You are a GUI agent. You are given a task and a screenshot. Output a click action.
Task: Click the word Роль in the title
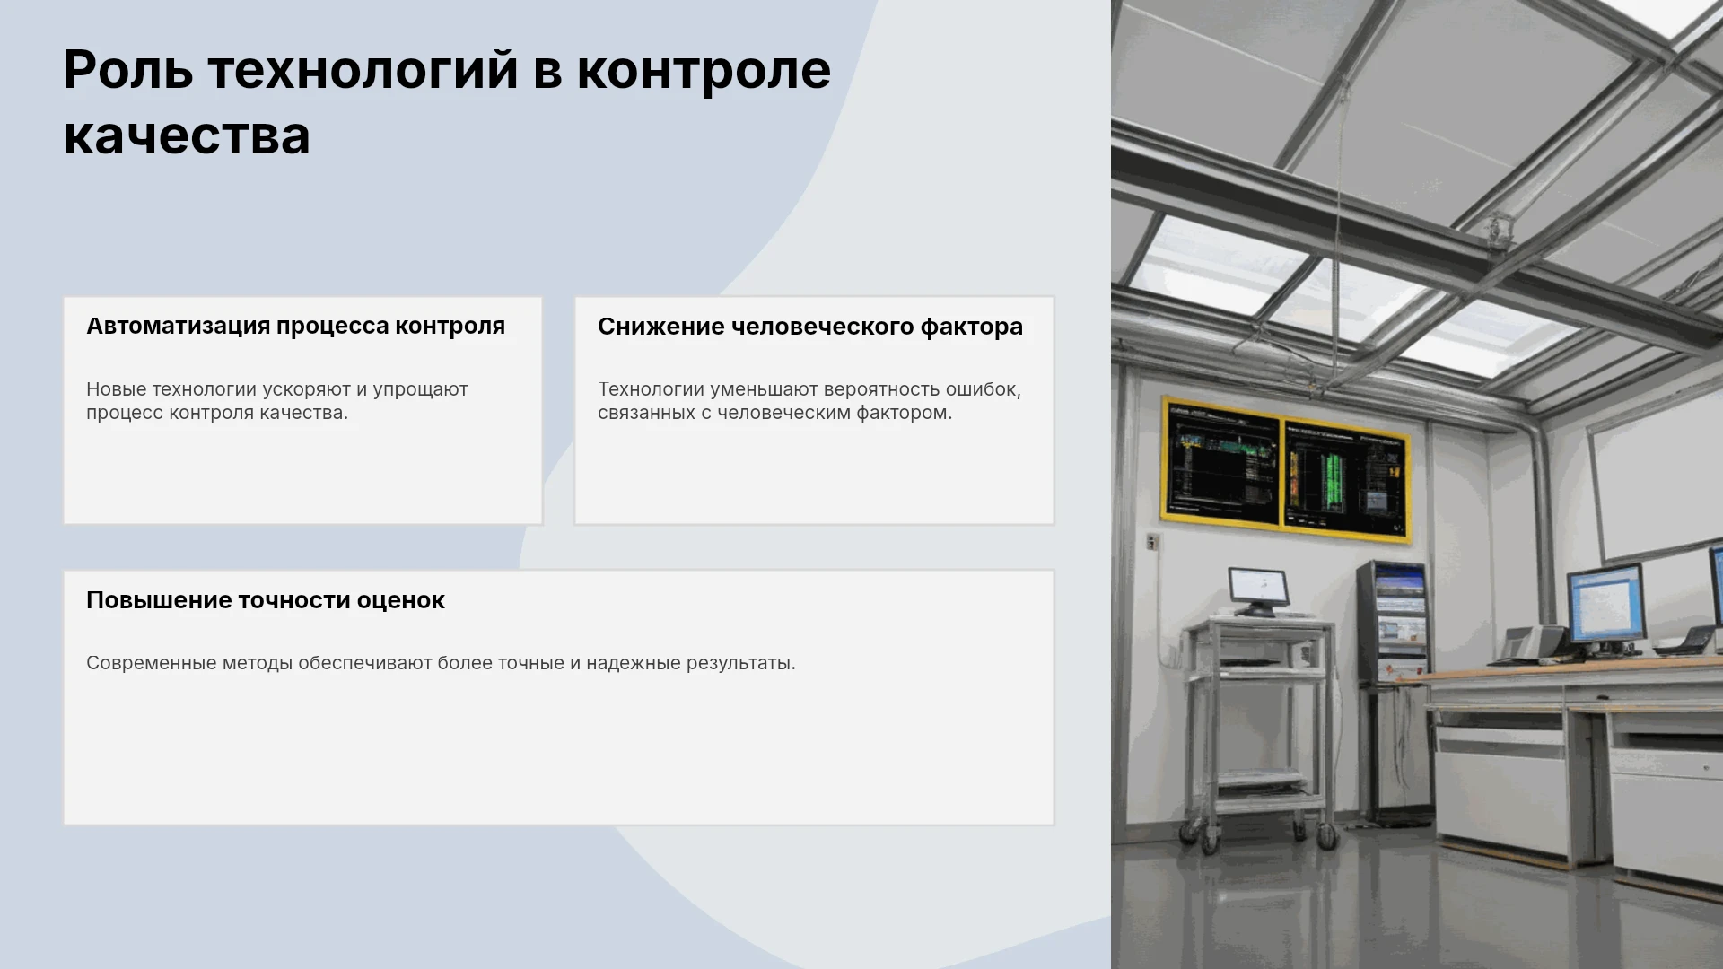(128, 70)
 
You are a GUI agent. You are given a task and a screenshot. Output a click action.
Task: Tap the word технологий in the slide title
(363, 72)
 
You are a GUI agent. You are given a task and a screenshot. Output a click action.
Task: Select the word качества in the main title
(187, 136)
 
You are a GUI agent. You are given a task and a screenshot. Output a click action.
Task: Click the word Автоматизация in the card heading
(178, 326)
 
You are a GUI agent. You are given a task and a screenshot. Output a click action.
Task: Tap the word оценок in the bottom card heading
(400, 600)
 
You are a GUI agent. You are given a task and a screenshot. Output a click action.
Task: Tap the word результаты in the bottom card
(740, 664)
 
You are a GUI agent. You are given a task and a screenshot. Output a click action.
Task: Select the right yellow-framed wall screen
(1345, 479)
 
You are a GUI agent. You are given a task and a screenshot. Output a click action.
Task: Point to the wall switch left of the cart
(1153, 542)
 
